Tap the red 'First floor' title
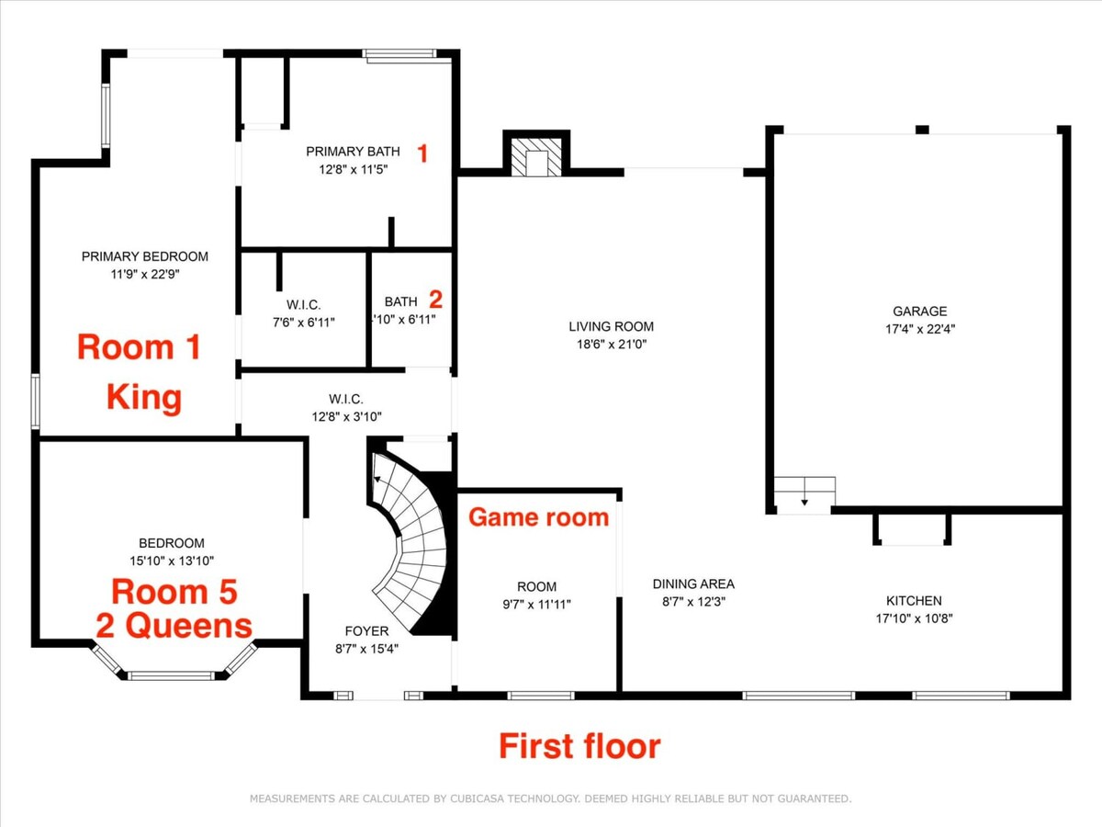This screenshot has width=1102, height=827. tap(579, 747)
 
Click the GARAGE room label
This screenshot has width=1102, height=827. tap(920, 312)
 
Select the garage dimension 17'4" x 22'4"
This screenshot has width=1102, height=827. tap(920, 329)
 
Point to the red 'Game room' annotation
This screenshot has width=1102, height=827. tap(539, 517)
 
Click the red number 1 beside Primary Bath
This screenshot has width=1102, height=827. tap(422, 153)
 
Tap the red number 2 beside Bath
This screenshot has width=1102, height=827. tap(436, 300)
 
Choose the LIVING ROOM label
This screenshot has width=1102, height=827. tap(611, 326)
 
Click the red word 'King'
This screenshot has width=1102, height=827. tap(144, 397)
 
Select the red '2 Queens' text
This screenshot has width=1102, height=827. tap(174, 626)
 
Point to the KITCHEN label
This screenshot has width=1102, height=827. tap(914, 601)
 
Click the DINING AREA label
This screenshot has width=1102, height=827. tap(693, 584)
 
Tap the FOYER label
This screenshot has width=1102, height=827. tap(366, 631)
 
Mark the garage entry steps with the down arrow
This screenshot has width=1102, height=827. tap(804, 495)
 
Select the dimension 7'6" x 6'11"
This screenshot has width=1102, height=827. tap(303, 323)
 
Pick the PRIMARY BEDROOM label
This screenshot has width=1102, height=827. tap(144, 256)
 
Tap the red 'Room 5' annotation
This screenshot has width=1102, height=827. tap(174, 592)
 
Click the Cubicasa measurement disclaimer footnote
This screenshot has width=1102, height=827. tap(550, 799)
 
